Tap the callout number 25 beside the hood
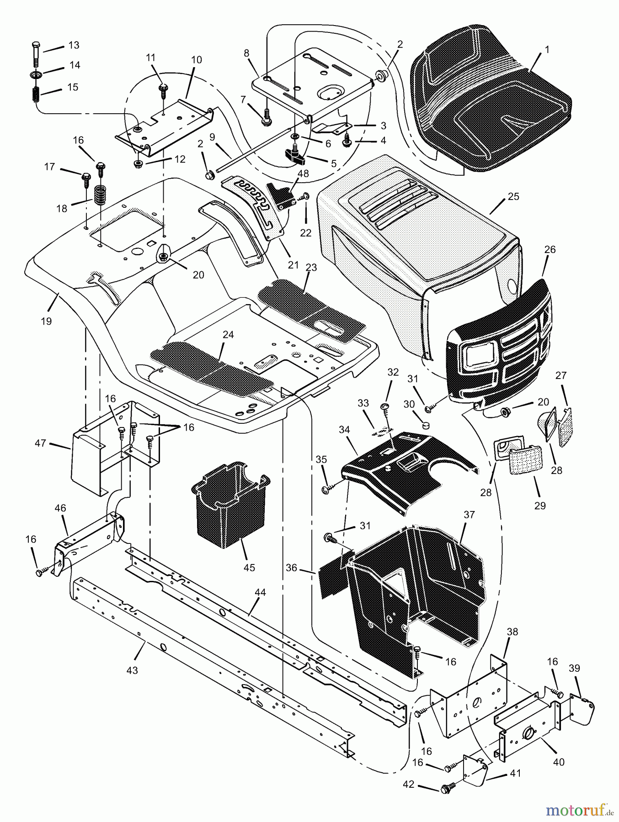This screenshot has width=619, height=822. pos(513,197)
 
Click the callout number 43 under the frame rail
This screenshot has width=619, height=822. pos(133,671)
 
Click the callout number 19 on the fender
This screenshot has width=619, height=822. pos(46,321)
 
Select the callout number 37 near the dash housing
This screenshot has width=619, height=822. pos(470,515)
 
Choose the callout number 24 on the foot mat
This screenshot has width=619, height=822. pos(228,335)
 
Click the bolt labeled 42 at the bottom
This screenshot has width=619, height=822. pos(445,787)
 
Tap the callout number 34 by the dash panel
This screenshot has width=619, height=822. pos(344,429)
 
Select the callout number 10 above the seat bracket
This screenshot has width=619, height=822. pos(196,60)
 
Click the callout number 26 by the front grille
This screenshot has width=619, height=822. pos(550,249)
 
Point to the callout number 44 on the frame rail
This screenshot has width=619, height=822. pos(260,592)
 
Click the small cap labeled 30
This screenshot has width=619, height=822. pos(427,426)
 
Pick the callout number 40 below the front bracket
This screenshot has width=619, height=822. pos(559,762)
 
